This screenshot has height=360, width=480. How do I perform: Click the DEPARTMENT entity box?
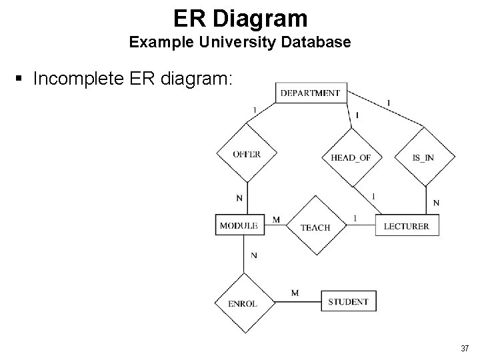pyautogui.click(x=311, y=93)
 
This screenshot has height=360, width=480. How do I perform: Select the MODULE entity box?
pyautogui.click(x=240, y=225)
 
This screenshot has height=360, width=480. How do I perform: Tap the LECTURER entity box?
pyautogui.click(x=407, y=225)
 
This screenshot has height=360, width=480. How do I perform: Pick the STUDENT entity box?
pyautogui.click(x=349, y=301)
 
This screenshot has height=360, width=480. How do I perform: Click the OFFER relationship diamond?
pyautogui.click(x=247, y=153)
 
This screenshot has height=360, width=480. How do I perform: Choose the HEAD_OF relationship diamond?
pyautogui.click(x=352, y=157)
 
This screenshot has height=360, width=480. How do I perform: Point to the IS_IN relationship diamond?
pyautogui.click(x=425, y=157)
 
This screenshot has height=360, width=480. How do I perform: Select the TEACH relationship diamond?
pyautogui.click(x=316, y=225)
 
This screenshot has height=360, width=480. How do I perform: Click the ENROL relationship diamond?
pyautogui.click(x=245, y=303)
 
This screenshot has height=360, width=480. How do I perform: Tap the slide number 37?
pyautogui.click(x=465, y=348)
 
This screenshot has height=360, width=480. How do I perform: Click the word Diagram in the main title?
pyautogui.click(x=260, y=19)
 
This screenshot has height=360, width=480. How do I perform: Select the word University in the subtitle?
pyautogui.click(x=237, y=42)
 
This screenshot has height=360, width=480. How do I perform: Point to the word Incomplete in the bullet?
pyautogui.click(x=79, y=79)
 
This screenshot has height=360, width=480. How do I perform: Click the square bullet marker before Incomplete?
pyautogui.click(x=19, y=79)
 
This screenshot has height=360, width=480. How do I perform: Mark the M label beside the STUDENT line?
pyautogui.click(x=295, y=293)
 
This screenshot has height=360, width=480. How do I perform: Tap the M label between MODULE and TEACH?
pyautogui.click(x=276, y=219)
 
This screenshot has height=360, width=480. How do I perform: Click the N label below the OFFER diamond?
pyautogui.click(x=239, y=199)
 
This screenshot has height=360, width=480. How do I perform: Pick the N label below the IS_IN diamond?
pyautogui.click(x=436, y=203)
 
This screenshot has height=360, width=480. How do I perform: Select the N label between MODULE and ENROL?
pyautogui.click(x=254, y=255)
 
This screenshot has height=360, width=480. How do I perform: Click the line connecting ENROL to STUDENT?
pyautogui.click(x=298, y=302)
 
